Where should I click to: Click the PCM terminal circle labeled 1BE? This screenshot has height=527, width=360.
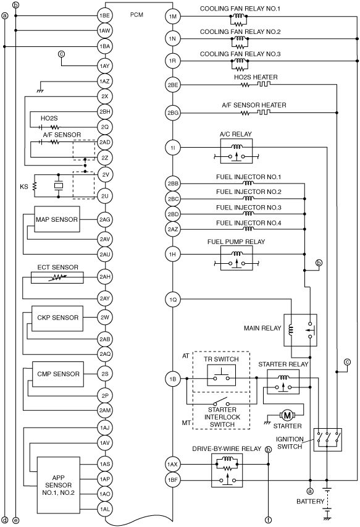pyautogui.click(x=105, y=15)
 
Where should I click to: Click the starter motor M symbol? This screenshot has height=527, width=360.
pyautogui.click(x=287, y=415)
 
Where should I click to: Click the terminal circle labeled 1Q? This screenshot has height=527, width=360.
pyautogui.click(x=173, y=300)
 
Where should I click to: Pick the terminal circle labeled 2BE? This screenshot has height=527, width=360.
pyautogui.click(x=173, y=85)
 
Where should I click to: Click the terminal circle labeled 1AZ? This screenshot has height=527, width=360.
pyautogui.click(x=105, y=82)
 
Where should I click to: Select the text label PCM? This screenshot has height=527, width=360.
pyautogui.click(x=136, y=15)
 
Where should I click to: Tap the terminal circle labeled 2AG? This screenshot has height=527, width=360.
pyautogui.click(x=105, y=220)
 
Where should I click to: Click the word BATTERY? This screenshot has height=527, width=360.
pyautogui.click(x=311, y=502)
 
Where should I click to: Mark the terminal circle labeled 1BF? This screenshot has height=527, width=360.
pyautogui.click(x=173, y=480)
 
